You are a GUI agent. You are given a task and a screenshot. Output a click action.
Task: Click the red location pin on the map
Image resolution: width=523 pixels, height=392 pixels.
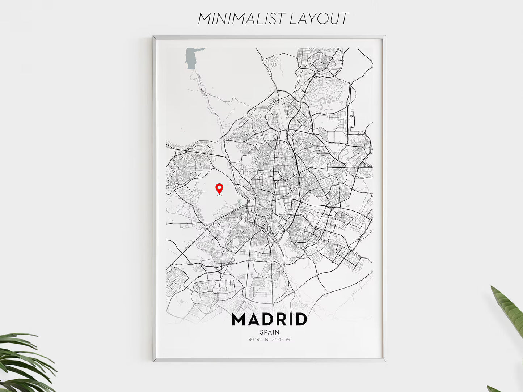[219, 189]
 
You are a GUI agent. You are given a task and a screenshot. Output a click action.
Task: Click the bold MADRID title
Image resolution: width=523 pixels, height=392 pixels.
[269, 320]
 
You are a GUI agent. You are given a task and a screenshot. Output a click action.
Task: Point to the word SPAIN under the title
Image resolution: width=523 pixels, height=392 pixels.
[269, 332]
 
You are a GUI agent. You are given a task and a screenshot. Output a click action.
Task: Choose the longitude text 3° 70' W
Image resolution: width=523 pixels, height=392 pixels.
[282, 340]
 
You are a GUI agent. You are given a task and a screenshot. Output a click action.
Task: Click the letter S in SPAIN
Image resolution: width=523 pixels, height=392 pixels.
[262, 332]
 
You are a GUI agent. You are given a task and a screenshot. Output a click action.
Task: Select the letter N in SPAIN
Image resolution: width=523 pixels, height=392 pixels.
[277, 332]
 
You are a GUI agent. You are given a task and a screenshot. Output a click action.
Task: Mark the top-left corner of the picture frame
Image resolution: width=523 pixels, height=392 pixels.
[154, 37]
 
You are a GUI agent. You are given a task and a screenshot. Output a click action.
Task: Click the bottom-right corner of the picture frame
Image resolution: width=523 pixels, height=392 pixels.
[384, 361]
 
